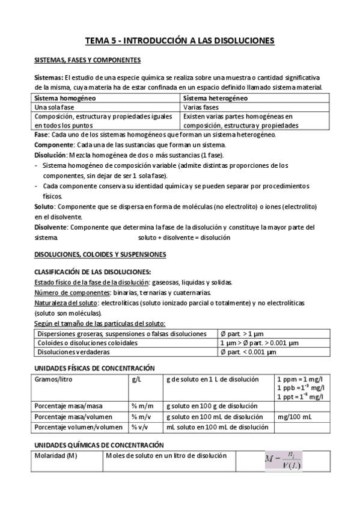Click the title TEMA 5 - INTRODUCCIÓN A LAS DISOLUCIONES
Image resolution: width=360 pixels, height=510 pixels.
tap(180, 40)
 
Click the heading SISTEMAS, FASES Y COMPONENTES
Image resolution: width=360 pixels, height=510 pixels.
tap(87, 61)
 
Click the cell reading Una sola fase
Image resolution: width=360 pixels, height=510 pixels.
tap(54, 106)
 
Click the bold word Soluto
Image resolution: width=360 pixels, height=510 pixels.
tap(44, 206)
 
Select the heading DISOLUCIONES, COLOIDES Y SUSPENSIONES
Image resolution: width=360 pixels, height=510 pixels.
tap(100, 255)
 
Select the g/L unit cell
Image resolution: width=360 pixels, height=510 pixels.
tap(136, 379)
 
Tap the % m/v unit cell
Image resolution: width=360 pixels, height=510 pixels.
tap(141, 416)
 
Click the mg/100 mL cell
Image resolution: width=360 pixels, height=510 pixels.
tap(294, 416)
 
